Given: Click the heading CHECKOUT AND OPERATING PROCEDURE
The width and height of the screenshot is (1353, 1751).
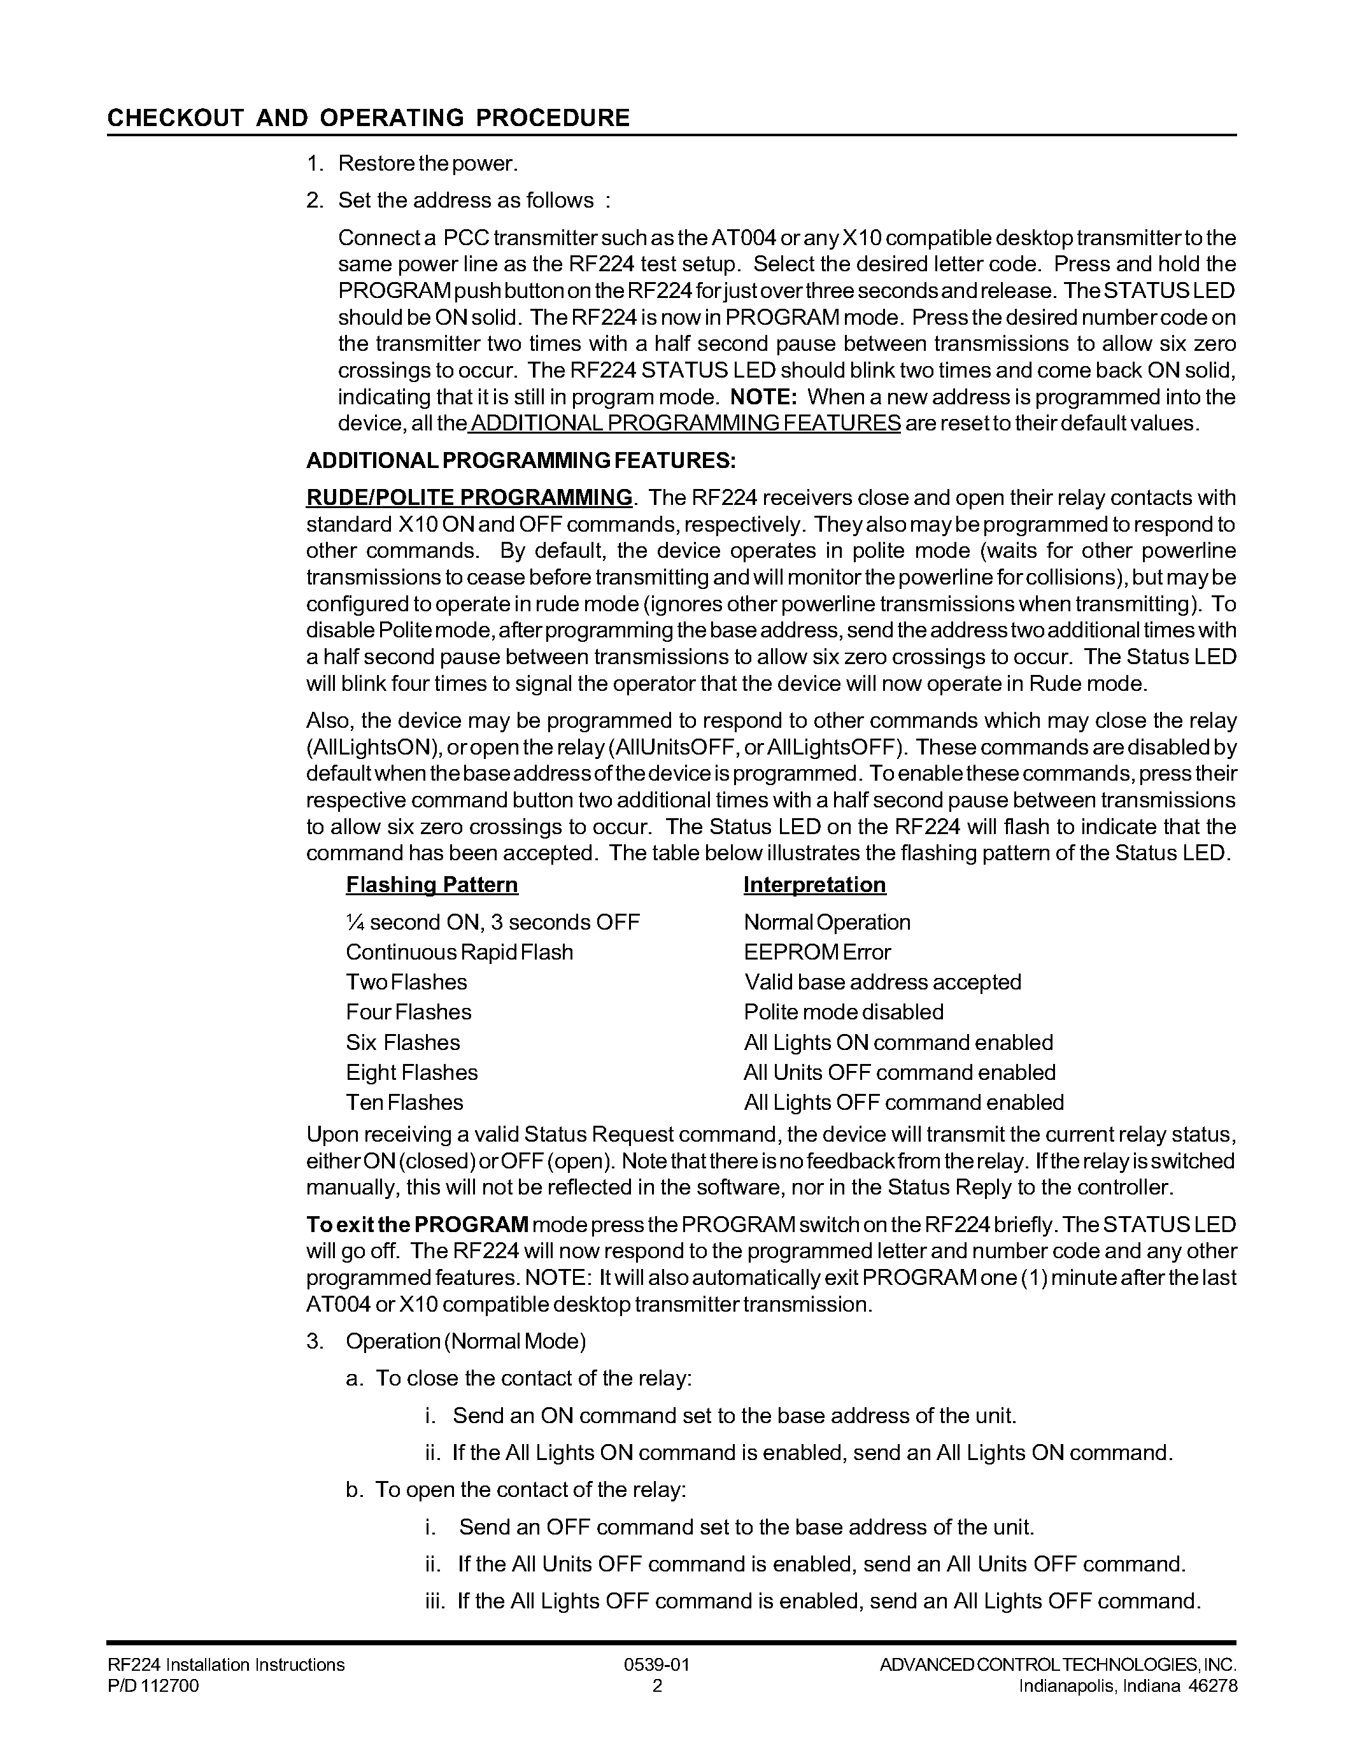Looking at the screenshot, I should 368,118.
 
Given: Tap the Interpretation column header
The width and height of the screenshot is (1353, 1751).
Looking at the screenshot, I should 814,884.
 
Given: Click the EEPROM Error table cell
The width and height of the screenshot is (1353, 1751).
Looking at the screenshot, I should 817,953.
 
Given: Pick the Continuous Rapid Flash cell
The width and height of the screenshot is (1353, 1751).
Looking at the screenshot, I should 459,953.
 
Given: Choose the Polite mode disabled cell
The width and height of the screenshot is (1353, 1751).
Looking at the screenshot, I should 843,1012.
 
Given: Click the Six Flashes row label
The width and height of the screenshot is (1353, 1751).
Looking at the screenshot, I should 402,1042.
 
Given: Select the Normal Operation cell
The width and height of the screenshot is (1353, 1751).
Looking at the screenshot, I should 826,922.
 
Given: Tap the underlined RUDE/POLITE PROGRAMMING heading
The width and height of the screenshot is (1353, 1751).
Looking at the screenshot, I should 469,497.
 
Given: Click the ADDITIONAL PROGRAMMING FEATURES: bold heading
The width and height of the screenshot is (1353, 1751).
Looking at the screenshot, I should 520,461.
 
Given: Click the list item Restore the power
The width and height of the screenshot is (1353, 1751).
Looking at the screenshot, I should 428,164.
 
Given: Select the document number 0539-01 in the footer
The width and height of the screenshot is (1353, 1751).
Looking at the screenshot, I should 656,1664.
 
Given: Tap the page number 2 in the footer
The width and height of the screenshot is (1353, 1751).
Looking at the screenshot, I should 657,1685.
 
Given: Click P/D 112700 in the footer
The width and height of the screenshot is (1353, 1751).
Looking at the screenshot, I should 153,1685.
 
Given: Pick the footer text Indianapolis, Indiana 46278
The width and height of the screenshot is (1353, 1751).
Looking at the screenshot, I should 1128,1685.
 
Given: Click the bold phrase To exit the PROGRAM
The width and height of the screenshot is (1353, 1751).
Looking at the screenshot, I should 417,1224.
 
